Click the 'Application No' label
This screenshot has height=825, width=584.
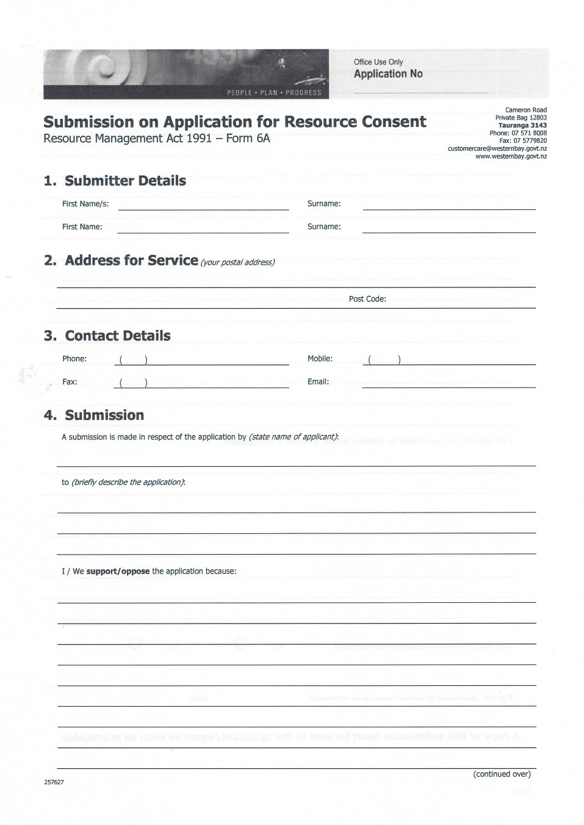coord(388,74)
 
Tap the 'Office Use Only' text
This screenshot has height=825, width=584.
coord(378,62)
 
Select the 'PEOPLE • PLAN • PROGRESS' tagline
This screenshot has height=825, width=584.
coord(273,93)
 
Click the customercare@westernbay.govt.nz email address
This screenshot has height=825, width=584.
coord(497,148)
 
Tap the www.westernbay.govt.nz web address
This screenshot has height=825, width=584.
coord(511,156)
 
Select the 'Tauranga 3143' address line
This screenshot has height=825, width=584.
coord(522,125)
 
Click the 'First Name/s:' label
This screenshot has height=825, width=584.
coord(85,204)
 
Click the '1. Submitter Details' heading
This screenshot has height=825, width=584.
coord(115,181)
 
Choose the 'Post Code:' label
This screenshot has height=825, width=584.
coord(367,299)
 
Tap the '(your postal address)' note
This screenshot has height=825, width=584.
coord(238,262)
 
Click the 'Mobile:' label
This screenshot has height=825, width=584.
coord(320,359)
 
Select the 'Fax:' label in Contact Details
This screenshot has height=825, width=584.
coord(70,382)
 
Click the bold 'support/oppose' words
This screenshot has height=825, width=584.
coord(118,572)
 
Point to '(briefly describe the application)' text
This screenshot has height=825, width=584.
coord(128,482)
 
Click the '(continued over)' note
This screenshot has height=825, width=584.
coord(502,774)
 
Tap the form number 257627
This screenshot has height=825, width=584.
coord(54,782)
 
